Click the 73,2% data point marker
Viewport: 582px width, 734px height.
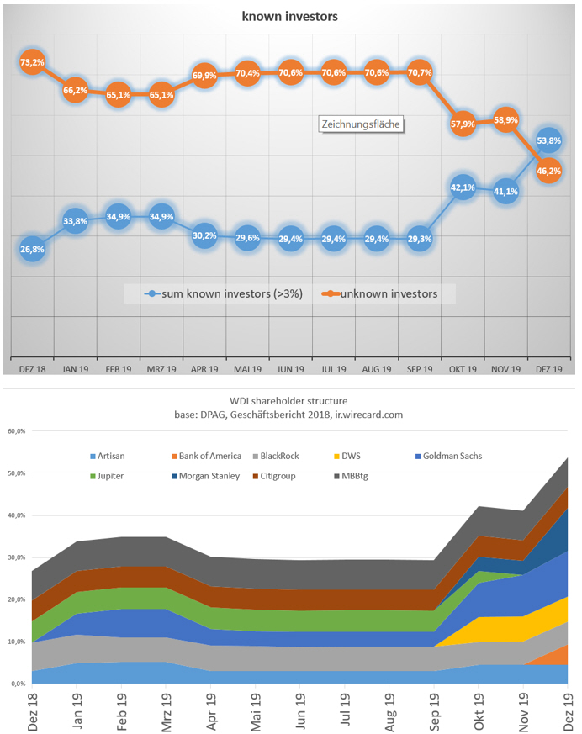tap(32, 62)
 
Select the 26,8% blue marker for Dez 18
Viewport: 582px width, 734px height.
tap(32, 249)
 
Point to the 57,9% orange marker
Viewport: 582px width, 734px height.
tap(463, 124)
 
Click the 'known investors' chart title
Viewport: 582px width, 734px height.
tap(291, 16)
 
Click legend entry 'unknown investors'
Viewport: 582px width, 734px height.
tap(390, 293)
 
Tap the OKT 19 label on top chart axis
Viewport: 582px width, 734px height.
tap(463, 369)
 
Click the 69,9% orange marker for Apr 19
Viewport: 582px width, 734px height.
tap(204, 76)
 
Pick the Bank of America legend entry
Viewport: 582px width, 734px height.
tap(206, 456)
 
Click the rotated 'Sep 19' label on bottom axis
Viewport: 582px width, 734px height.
tap(435, 706)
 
